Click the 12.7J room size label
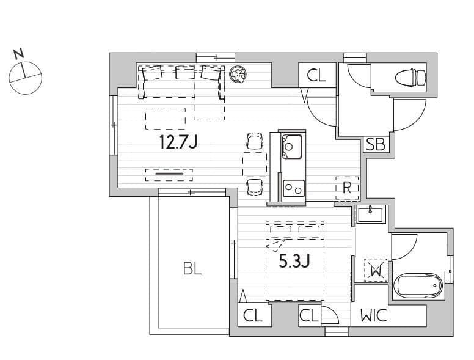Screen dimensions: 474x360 pos(178,142)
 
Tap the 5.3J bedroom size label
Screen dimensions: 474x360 pos(294,261)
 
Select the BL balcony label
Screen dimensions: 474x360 pos(192,268)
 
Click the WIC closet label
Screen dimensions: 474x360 pos(374,315)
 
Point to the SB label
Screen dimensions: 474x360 pos(375,144)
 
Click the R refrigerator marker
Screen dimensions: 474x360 pos(347,188)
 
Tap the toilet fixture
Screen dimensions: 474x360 pos(410,77)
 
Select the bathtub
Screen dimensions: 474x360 pos(418,285)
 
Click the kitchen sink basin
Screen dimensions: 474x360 pos(292,147)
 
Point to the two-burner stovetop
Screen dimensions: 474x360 pos(294,188)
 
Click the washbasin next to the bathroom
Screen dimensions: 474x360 pos(370,214)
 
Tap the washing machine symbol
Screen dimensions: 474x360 pos(376,270)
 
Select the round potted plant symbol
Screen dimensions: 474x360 pos(238,75)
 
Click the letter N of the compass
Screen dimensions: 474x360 pos(19,54)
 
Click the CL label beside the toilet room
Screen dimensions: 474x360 pos(316,76)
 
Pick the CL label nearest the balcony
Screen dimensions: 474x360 pos(253,316)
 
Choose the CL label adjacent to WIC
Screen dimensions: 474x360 pos(309,316)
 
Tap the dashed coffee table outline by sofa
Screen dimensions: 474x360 pos(166,119)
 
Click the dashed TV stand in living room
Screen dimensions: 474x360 pos(169,175)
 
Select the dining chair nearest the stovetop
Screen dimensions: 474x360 pos(255,187)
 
